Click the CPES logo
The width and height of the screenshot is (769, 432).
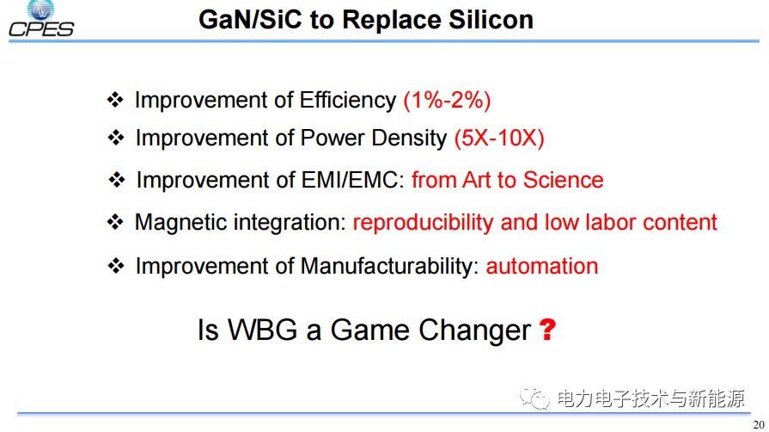point(41,19)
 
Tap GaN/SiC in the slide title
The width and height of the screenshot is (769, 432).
point(251,20)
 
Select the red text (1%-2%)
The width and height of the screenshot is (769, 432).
point(447,101)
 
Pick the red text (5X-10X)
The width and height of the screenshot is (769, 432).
point(499,138)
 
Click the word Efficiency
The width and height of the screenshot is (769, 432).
point(348,101)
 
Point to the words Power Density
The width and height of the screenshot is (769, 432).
point(374,138)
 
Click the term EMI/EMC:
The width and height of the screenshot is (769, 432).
point(352,180)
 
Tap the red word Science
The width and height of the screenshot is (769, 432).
point(563,180)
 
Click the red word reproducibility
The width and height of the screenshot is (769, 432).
point(424,223)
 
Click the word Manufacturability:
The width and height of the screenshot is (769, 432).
point(389,266)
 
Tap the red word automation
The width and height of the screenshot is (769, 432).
point(542,267)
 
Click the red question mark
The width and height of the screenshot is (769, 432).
point(547,330)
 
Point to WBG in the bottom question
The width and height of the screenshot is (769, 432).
point(262,330)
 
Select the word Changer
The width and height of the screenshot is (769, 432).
point(475,330)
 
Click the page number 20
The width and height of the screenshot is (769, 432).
point(759,425)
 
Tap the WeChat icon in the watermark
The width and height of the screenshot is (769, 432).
point(534,397)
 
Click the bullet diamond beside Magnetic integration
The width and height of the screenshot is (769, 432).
point(115,222)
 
